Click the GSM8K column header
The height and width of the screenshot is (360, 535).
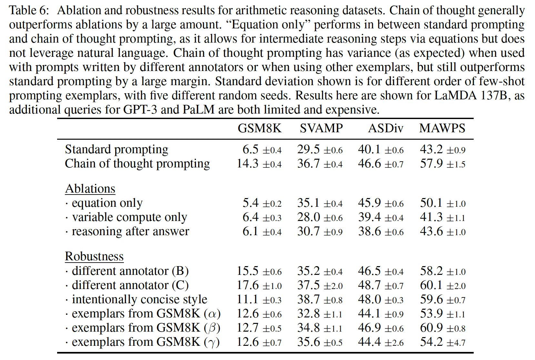click(x=259, y=128)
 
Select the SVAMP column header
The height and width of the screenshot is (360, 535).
click(x=321, y=128)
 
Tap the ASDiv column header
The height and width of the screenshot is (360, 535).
click(x=386, y=128)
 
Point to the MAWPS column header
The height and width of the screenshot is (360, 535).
click(x=442, y=128)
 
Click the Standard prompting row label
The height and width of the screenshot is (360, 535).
click(x=116, y=149)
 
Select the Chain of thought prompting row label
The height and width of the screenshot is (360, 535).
click(x=137, y=164)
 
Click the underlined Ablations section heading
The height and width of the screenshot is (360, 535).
click(x=90, y=189)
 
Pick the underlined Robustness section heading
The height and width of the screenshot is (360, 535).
click(x=94, y=256)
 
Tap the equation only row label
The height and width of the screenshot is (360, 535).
click(x=107, y=203)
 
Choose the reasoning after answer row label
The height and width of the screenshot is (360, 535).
click(x=130, y=231)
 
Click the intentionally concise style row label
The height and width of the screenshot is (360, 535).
click(x=139, y=299)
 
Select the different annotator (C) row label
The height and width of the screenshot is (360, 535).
click(x=130, y=285)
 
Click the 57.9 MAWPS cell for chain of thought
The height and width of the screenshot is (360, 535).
click(x=431, y=164)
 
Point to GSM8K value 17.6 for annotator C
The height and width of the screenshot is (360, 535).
click(x=248, y=285)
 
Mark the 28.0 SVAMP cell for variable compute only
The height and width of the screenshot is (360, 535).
click(x=308, y=217)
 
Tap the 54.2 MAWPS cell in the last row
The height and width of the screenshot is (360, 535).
click(x=431, y=342)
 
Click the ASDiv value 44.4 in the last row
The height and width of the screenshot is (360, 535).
click(x=369, y=342)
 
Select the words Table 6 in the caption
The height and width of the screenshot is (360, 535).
click(x=29, y=10)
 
